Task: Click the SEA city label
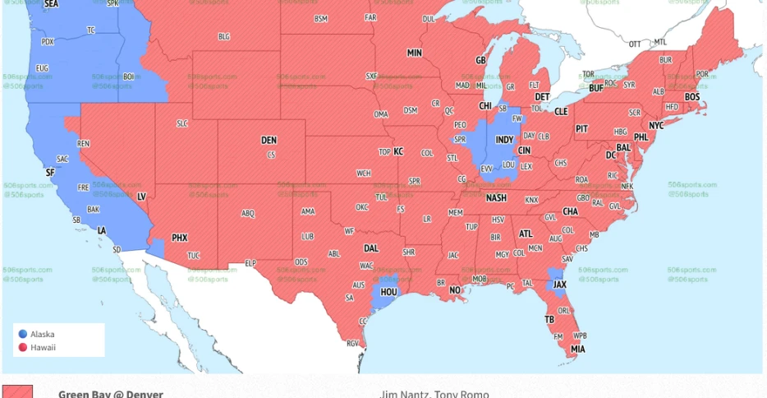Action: tap(51, 4)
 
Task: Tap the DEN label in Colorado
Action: tap(269, 141)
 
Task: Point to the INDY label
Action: tap(504, 140)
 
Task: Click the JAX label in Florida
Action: tap(559, 285)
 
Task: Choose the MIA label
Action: tap(578, 349)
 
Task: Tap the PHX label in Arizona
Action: tap(179, 238)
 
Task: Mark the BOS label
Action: tap(692, 97)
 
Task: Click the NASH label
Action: tap(496, 198)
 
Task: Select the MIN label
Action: tap(414, 53)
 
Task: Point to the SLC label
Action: tap(182, 123)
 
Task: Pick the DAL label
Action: tap(371, 248)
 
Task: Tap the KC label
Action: tap(398, 151)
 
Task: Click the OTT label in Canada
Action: tap(635, 44)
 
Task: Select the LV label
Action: tap(140, 197)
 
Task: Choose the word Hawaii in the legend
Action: tap(43, 347)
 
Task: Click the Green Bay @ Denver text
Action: tap(110, 394)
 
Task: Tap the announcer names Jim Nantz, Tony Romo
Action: tap(434, 394)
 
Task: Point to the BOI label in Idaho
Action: tap(128, 76)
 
